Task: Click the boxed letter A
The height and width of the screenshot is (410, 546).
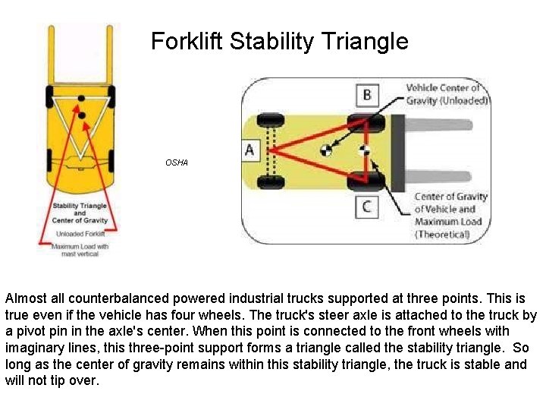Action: click(x=249, y=150)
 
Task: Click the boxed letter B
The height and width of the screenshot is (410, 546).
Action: click(x=367, y=94)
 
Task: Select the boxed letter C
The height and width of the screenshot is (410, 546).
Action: click(x=367, y=206)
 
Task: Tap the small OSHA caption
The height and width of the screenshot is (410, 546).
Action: click(x=177, y=162)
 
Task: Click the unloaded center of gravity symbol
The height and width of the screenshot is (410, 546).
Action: click(x=327, y=150)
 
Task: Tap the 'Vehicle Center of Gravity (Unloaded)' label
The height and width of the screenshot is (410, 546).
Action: click(x=447, y=94)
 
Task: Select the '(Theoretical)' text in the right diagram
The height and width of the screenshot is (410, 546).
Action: click(x=443, y=234)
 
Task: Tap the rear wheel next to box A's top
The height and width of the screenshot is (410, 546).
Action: click(x=266, y=121)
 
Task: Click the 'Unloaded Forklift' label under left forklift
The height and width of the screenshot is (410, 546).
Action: click(x=80, y=234)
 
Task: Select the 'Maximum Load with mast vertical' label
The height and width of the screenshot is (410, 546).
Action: click(x=80, y=250)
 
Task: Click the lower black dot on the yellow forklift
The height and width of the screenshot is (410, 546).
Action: click(x=82, y=115)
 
